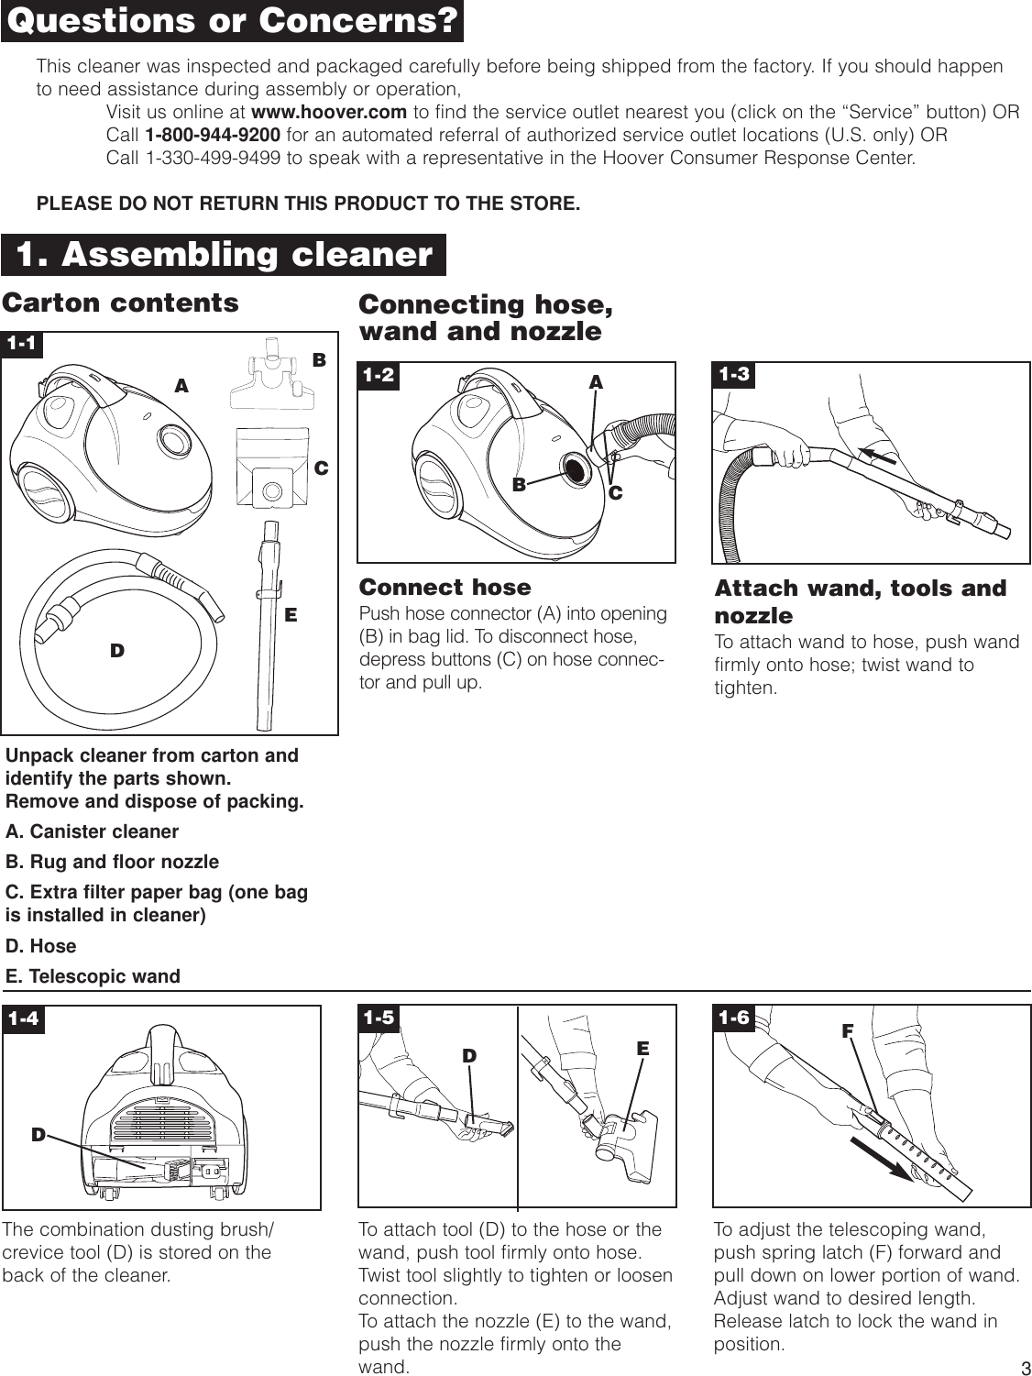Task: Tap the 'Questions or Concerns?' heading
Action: [x=232, y=21]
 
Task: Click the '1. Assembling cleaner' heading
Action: [x=225, y=254]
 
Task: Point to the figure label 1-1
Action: [x=23, y=344]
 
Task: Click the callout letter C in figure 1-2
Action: [x=615, y=493]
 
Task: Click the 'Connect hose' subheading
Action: [x=445, y=587]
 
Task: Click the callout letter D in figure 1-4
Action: [x=38, y=1134]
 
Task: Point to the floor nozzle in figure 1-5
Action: [x=627, y=1125]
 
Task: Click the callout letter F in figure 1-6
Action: [x=848, y=1029]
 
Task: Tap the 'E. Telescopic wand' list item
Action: [x=93, y=976]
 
